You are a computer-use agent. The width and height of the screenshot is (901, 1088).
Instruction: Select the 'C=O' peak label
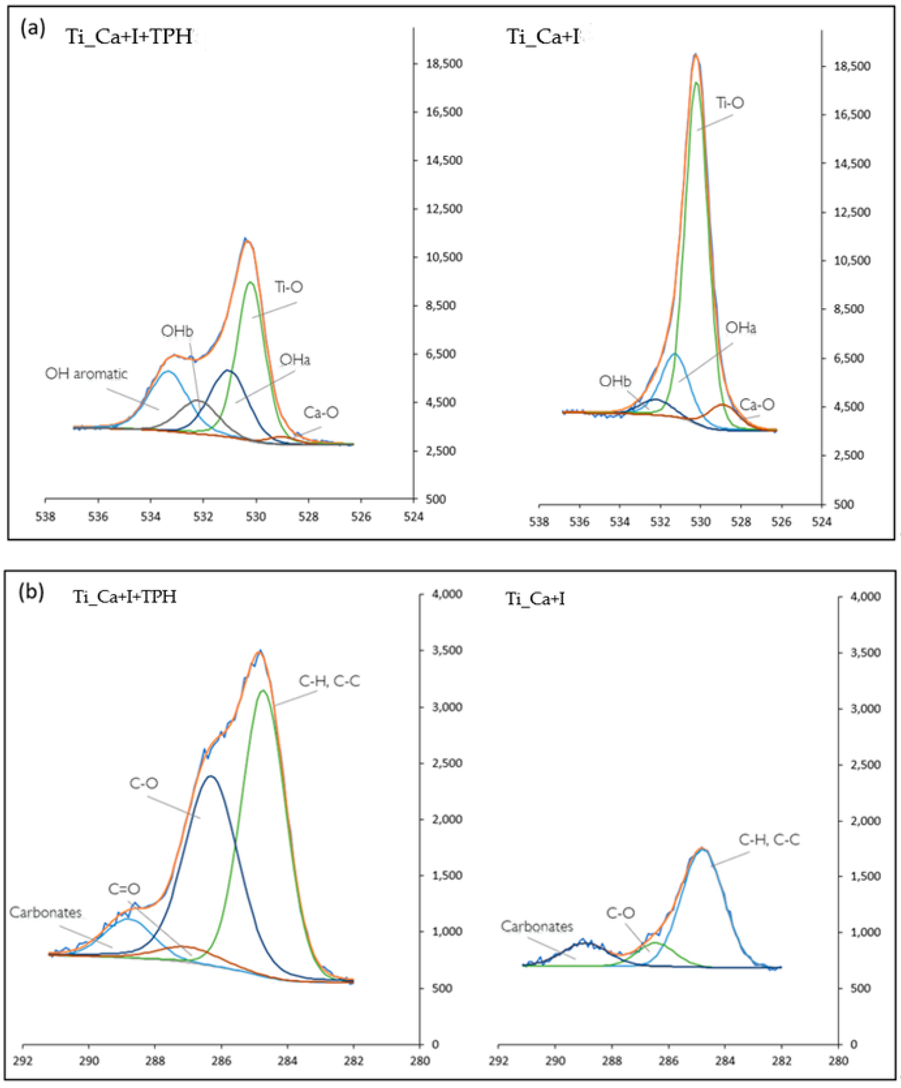(x=124, y=889)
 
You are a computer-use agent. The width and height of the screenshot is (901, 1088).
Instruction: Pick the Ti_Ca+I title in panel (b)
(x=535, y=599)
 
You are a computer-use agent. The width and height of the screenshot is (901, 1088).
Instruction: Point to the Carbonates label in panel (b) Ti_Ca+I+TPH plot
(x=46, y=912)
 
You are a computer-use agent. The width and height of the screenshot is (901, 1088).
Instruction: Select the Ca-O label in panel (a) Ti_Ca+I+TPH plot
(x=321, y=413)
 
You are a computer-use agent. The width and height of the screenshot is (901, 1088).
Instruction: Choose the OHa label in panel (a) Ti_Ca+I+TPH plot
(x=295, y=360)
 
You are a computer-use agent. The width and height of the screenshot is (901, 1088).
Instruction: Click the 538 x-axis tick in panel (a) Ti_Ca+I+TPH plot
(x=46, y=517)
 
